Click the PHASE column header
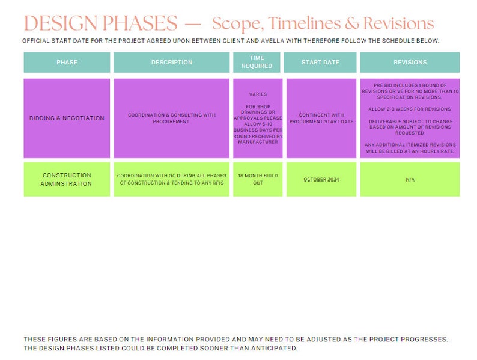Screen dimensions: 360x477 pos(67,63)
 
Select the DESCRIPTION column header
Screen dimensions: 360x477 pos(172,63)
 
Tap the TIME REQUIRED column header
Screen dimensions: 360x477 pos(257,62)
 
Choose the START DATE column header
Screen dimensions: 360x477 pos(320,63)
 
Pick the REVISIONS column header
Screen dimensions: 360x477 pos(410,63)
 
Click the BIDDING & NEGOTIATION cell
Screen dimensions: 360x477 pos(67,118)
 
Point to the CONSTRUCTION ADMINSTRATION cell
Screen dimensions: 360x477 pos(67,180)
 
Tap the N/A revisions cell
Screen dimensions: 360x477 pos(410,180)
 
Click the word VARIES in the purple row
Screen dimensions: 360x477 pos(258,94)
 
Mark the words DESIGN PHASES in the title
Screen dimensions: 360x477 pos(100,23)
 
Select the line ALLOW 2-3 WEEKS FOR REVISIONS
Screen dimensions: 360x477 pos(410,109)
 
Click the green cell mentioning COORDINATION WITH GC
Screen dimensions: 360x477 pos(172,179)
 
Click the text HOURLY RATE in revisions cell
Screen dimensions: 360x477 pos(437,151)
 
